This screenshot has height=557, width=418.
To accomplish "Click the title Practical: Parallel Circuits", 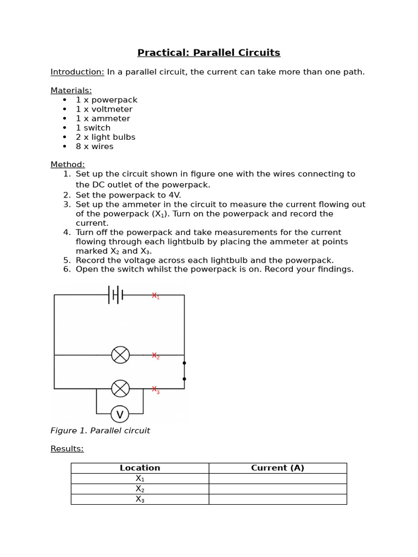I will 208,53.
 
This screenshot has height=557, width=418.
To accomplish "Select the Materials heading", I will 71,90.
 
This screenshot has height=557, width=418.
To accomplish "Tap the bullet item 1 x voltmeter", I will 104,109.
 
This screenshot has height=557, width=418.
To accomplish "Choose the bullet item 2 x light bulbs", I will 106,137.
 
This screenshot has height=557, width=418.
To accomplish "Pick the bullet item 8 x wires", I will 95,146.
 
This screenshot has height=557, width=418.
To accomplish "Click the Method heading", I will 67,164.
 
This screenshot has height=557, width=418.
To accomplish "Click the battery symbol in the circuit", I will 116,295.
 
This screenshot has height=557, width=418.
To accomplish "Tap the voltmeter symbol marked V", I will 120,414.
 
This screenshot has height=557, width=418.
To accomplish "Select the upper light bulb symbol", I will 120,355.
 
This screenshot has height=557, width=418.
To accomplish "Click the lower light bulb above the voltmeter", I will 120,388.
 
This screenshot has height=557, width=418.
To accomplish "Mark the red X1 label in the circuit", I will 156,296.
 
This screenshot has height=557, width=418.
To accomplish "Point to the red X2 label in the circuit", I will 156,356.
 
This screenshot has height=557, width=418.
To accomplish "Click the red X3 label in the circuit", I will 156,389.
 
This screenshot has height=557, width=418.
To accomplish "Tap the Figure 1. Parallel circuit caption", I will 100,431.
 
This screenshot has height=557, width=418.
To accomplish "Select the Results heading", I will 67,449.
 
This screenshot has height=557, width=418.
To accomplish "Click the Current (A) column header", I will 278,468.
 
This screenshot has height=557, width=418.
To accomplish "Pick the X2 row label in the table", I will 140,489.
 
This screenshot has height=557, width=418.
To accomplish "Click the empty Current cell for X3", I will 278,499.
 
